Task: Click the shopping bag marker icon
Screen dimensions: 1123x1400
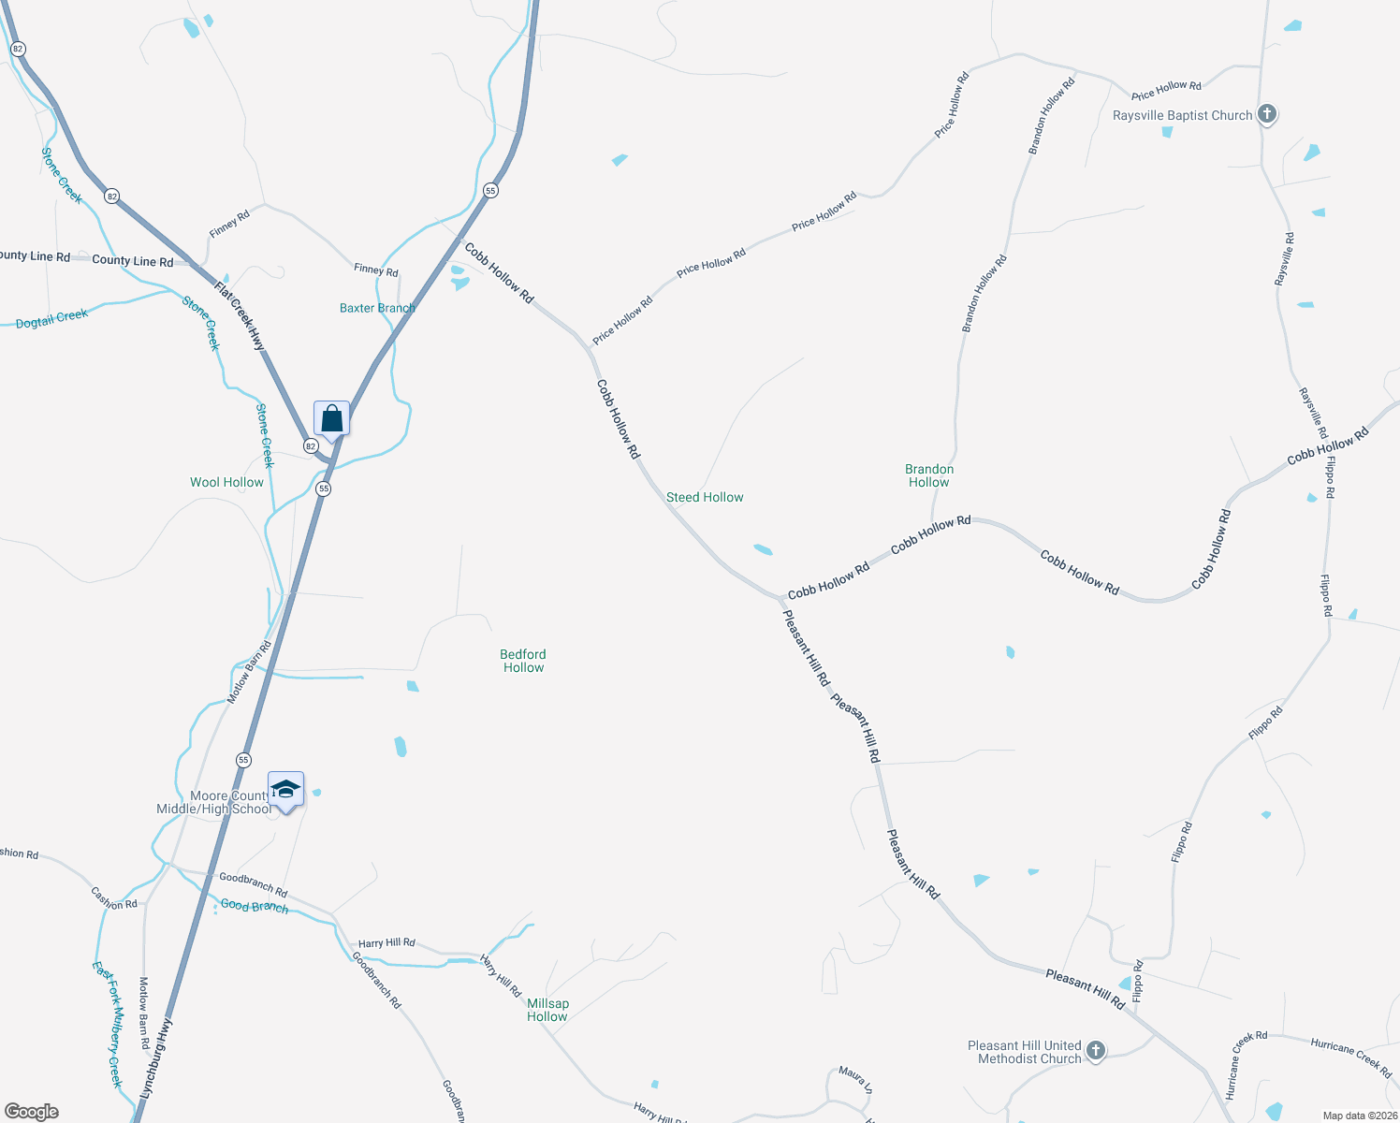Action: pyautogui.click(x=331, y=418)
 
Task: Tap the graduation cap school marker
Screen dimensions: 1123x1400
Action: pyautogui.click(x=285, y=791)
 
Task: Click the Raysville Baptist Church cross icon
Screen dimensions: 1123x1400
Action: pyautogui.click(x=1266, y=114)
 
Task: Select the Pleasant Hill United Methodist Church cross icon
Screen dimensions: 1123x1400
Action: pyautogui.click(x=1096, y=1051)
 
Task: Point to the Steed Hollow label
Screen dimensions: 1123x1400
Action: pyautogui.click(x=705, y=498)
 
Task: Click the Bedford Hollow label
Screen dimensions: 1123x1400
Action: pyautogui.click(x=523, y=661)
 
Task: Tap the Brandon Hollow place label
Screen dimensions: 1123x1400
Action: pyautogui.click(x=928, y=475)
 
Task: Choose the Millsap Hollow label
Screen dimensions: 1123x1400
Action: pyautogui.click(x=547, y=1010)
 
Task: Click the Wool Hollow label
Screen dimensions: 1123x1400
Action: pyautogui.click(x=226, y=483)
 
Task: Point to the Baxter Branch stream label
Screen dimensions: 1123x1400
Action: pyautogui.click(x=377, y=308)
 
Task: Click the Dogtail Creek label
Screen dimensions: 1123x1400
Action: pyautogui.click(x=51, y=318)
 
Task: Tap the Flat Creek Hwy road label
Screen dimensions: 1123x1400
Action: pyautogui.click(x=241, y=316)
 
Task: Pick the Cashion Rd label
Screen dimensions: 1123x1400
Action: pyautogui.click(x=114, y=898)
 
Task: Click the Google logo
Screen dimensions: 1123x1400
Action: pyautogui.click(x=32, y=1111)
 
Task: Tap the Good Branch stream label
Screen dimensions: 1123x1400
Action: pyautogui.click(x=255, y=906)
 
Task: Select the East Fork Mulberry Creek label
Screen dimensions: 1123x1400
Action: pyautogui.click(x=108, y=1024)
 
